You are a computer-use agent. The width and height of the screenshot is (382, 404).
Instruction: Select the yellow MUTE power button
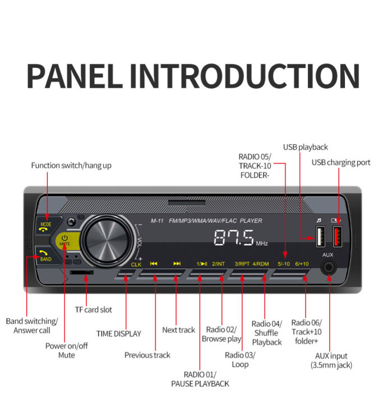coord(65,241)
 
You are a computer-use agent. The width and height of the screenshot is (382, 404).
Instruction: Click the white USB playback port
coord(319,238)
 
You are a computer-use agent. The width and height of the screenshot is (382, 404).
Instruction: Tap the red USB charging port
coord(339,238)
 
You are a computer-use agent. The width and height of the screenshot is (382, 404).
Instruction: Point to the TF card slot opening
coord(82,272)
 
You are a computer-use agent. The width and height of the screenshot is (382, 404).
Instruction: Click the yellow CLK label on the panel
coord(136,263)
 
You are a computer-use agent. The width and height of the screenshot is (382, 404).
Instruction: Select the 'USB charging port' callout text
coord(341,163)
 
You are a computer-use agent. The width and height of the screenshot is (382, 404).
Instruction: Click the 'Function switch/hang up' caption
coord(71,166)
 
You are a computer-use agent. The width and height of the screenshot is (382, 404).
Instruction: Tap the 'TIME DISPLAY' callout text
coord(119,333)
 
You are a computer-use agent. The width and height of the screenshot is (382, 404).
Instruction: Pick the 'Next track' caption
coord(178,330)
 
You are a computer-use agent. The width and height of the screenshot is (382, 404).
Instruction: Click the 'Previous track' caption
coord(147,355)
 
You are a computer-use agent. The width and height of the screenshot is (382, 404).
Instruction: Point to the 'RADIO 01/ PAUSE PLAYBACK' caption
coord(200,379)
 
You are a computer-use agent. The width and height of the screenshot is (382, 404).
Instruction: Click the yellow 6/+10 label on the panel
coord(302,263)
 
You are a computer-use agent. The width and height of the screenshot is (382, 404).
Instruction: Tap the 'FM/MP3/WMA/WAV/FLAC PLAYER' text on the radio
coord(215,221)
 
